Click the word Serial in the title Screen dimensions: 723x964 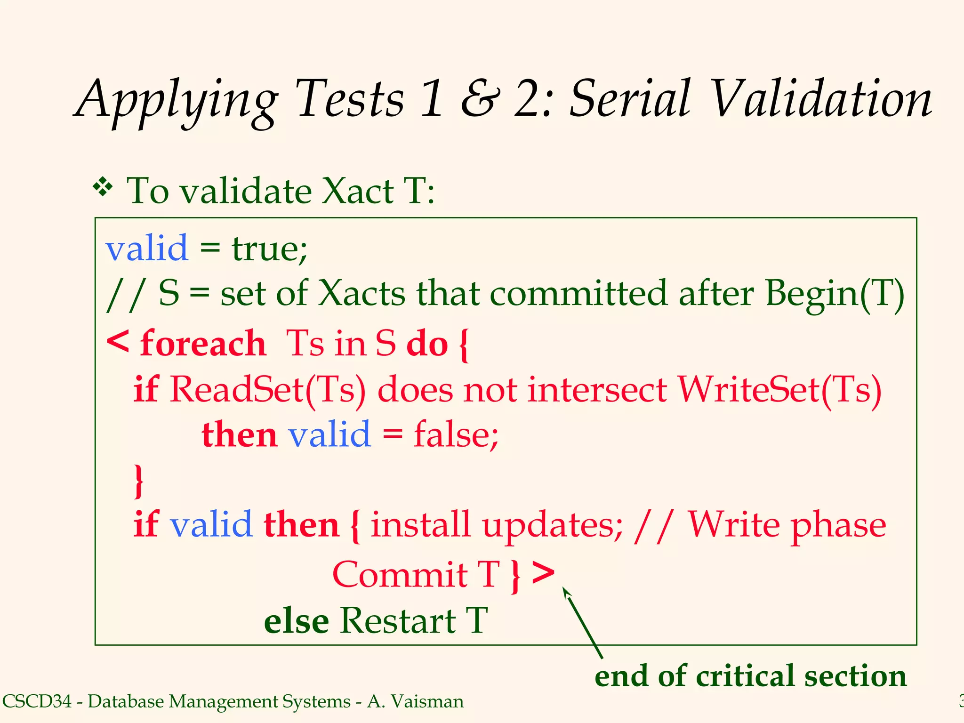point(629,99)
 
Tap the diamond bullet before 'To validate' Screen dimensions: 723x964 point(103,188)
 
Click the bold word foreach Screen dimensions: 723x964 point(203,344)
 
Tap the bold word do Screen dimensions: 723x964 point(427,344)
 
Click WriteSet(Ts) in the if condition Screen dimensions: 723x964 point(779,390)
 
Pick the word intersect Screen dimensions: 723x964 point(597,390)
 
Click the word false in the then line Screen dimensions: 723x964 point(456,434)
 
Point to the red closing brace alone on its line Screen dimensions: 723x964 point(138,481)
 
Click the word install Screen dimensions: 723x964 point(420,525)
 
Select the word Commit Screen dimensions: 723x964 point(400,575)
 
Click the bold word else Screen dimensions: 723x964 point(296,621)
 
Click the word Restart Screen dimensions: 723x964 point(398,621)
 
